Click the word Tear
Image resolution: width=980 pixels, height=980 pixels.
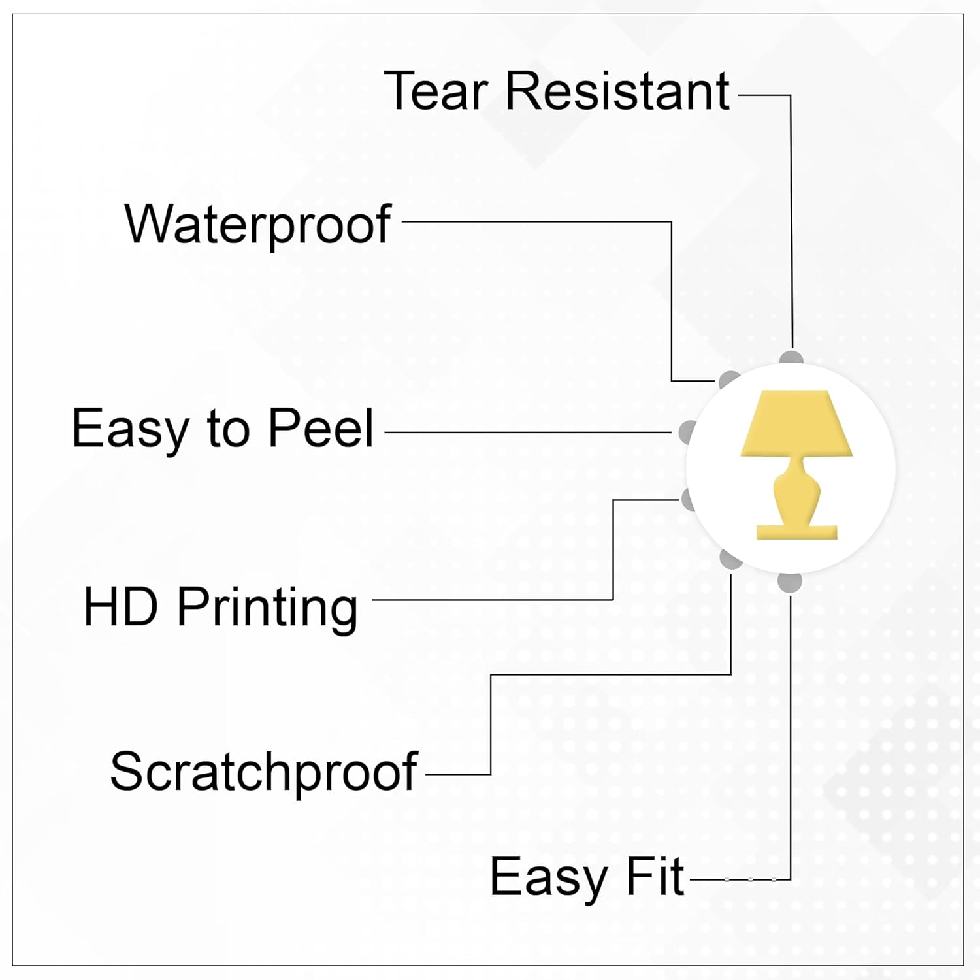coord(436,91)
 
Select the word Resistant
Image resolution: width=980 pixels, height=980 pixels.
coord(617,91)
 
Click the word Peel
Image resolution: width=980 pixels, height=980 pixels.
coord(321,428)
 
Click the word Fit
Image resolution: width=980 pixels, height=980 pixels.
coord(655,877)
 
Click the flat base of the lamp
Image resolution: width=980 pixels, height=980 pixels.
coord(796,532)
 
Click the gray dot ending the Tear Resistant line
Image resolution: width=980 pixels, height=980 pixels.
coord(791,359)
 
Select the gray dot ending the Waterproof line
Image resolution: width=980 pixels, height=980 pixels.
coord(728,380)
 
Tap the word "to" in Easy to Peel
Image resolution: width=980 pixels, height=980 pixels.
coord(228,429)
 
